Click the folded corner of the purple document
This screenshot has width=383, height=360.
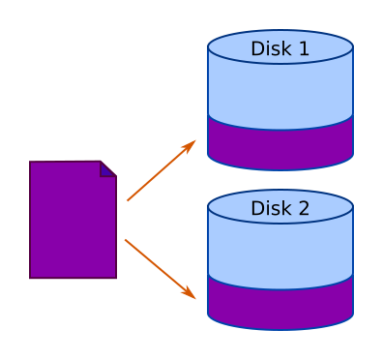106,170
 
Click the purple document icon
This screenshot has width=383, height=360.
73,220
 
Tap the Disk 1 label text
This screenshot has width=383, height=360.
280,48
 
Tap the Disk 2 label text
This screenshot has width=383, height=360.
280,208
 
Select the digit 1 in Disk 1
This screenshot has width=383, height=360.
304,48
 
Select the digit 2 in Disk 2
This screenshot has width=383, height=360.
304,208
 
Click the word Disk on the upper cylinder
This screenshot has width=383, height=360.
271,48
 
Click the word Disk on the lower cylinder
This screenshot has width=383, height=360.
271,208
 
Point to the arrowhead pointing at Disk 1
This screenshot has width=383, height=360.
189,146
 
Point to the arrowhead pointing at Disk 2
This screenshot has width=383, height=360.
189,293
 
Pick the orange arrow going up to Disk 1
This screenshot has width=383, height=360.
162,170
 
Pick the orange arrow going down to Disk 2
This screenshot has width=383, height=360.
161,269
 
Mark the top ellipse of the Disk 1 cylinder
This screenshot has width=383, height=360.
280,46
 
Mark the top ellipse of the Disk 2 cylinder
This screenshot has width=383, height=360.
280,206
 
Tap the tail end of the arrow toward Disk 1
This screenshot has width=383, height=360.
128,200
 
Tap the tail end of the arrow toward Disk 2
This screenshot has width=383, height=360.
126,240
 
